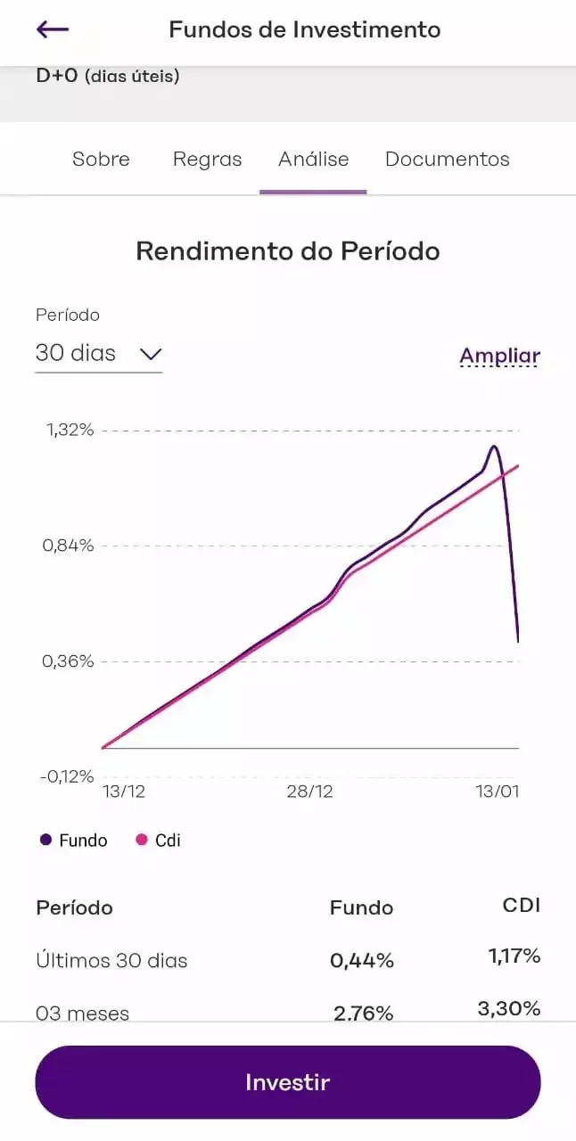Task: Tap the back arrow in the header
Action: [x=53, y=29]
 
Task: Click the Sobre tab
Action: [x=101, y=160]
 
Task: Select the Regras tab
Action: [x=207, y=160]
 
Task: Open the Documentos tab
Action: [x=447, y=160]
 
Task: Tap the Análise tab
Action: [x=313, y=160]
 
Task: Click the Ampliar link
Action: [x=499, y=357]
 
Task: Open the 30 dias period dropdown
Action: [x=98, y=354]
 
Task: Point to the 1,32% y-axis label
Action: [x=70, y=430]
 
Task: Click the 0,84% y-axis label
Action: [x=69, y=546]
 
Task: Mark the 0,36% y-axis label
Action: [x=69, y=661]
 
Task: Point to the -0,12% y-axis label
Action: [x=67, y=776]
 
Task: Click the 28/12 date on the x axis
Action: [x=311, y=792]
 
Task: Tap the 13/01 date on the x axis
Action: [x=497, y=792]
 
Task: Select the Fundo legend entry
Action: [x=74, y=841]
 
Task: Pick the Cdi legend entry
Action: [x=158, y=841]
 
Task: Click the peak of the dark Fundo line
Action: [x=493, y=446]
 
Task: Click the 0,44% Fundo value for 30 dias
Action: [x=361, y=961]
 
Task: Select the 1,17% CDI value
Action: [x=514, y=956]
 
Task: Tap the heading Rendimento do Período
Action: [x=288, y=251]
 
